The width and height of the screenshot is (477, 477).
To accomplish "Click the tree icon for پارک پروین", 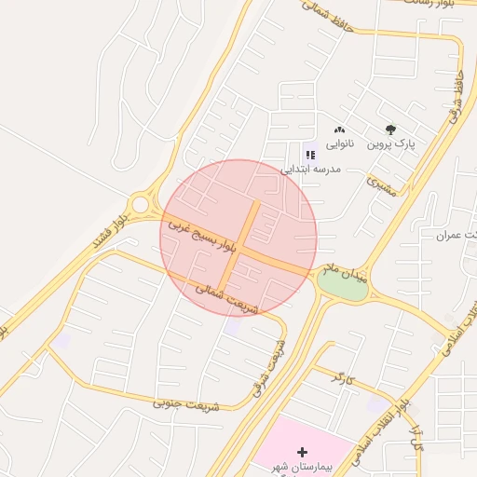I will (x=390, y=130).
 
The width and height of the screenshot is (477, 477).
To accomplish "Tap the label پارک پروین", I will (x=390, y=144).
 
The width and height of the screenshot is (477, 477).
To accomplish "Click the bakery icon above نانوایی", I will (x=339, y=130).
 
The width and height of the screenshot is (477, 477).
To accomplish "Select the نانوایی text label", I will (x=338, y=144).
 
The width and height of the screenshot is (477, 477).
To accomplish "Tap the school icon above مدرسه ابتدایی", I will (x=310, y=155).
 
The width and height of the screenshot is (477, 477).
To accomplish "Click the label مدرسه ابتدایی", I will (x=312, y=170).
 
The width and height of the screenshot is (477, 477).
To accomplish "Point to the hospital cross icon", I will (x=301, y=451).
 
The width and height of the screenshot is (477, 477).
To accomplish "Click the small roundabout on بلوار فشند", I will (x=141, y=203).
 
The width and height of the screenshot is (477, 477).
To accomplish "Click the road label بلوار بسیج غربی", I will (x=204, y=233).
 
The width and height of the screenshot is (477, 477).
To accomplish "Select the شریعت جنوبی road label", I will (x=190, y=404).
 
